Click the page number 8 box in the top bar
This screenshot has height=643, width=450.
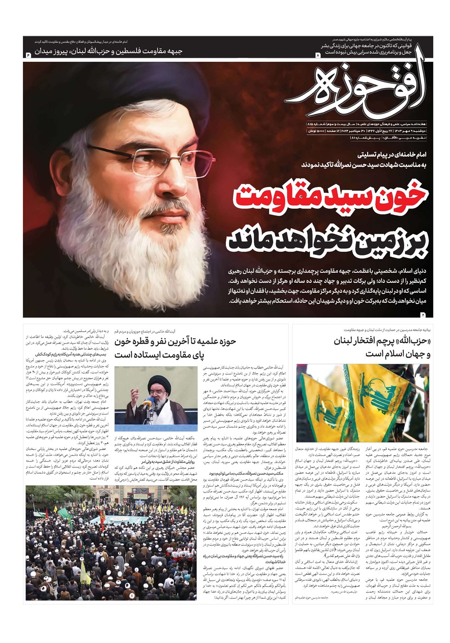coord(318,55)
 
